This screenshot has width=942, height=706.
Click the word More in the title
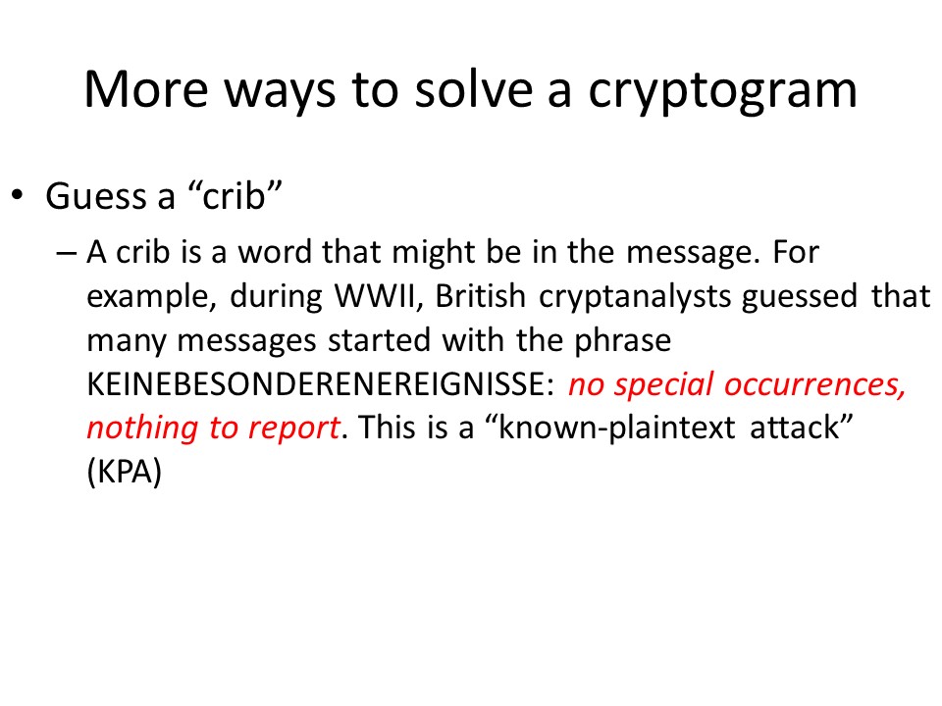click(x=146, y=90)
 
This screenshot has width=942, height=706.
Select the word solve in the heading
click(x=474, y=89)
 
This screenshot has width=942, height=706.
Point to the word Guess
click(x=95, y=196)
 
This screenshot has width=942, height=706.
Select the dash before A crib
click(x=66, y=253)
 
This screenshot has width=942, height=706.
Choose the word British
click(x=481, y=295)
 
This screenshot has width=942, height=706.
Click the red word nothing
click(x=142, y=429)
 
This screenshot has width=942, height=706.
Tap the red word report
click(x=294, y=429)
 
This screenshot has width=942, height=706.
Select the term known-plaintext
click(x=617, y=429)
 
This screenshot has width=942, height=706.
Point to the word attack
click(x=794, y=428)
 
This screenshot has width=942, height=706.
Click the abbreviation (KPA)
click(x=125, y=473)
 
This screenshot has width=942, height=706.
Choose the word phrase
click(x=622, y=341)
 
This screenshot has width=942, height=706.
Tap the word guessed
click(x=800, y=297)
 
